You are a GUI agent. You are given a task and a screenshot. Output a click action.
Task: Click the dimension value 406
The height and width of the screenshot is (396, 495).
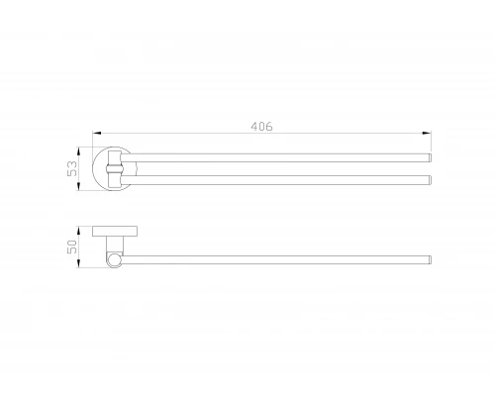click(261, 127)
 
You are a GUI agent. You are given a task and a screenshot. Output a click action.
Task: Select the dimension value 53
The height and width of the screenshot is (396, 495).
click(72, 168)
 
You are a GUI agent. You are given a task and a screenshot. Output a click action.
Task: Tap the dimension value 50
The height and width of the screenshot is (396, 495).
click(72, 247)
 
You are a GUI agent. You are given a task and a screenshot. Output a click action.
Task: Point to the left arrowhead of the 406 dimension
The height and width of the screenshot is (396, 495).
click(96, 133)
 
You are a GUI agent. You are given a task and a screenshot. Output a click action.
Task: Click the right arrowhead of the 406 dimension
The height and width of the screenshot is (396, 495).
click(427, 133)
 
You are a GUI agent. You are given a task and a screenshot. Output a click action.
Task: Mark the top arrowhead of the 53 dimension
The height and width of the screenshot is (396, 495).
click(78, 151)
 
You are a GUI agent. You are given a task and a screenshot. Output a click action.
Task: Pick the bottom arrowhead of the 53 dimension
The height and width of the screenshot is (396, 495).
click(78, 186)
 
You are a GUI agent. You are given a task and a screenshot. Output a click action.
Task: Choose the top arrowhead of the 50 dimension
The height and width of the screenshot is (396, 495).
click(78, 231)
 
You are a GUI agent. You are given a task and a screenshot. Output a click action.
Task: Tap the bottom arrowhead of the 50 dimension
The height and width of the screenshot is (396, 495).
click(78, 263)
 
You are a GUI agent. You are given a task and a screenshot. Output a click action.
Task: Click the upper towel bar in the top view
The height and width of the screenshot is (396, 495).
click(275, 157)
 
